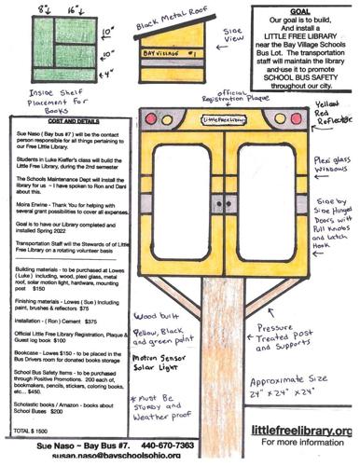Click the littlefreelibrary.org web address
[303, 430]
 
